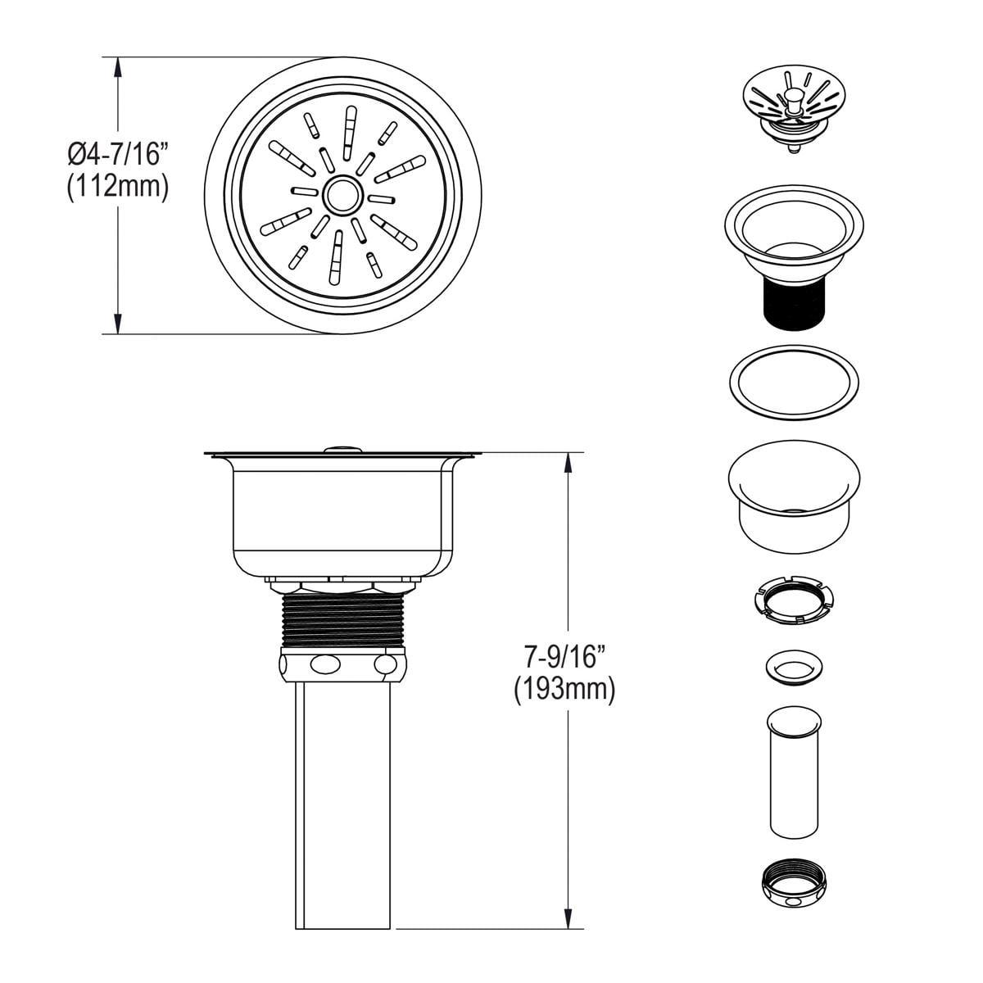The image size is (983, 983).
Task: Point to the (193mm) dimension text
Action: coord(564,690)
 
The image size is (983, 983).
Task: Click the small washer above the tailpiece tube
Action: coord(792,667)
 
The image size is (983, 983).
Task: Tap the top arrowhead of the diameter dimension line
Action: coord(120,66)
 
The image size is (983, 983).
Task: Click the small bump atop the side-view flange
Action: coord(342,448)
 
